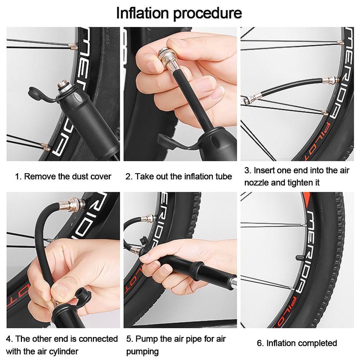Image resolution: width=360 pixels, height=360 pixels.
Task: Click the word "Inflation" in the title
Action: pyautogui.click(x=142, y=13)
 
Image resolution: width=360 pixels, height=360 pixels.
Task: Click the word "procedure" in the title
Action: pyautogui.click(x=208, y=14)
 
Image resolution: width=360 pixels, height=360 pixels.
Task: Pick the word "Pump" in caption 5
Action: pyautogui.click(x=144, y=339)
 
